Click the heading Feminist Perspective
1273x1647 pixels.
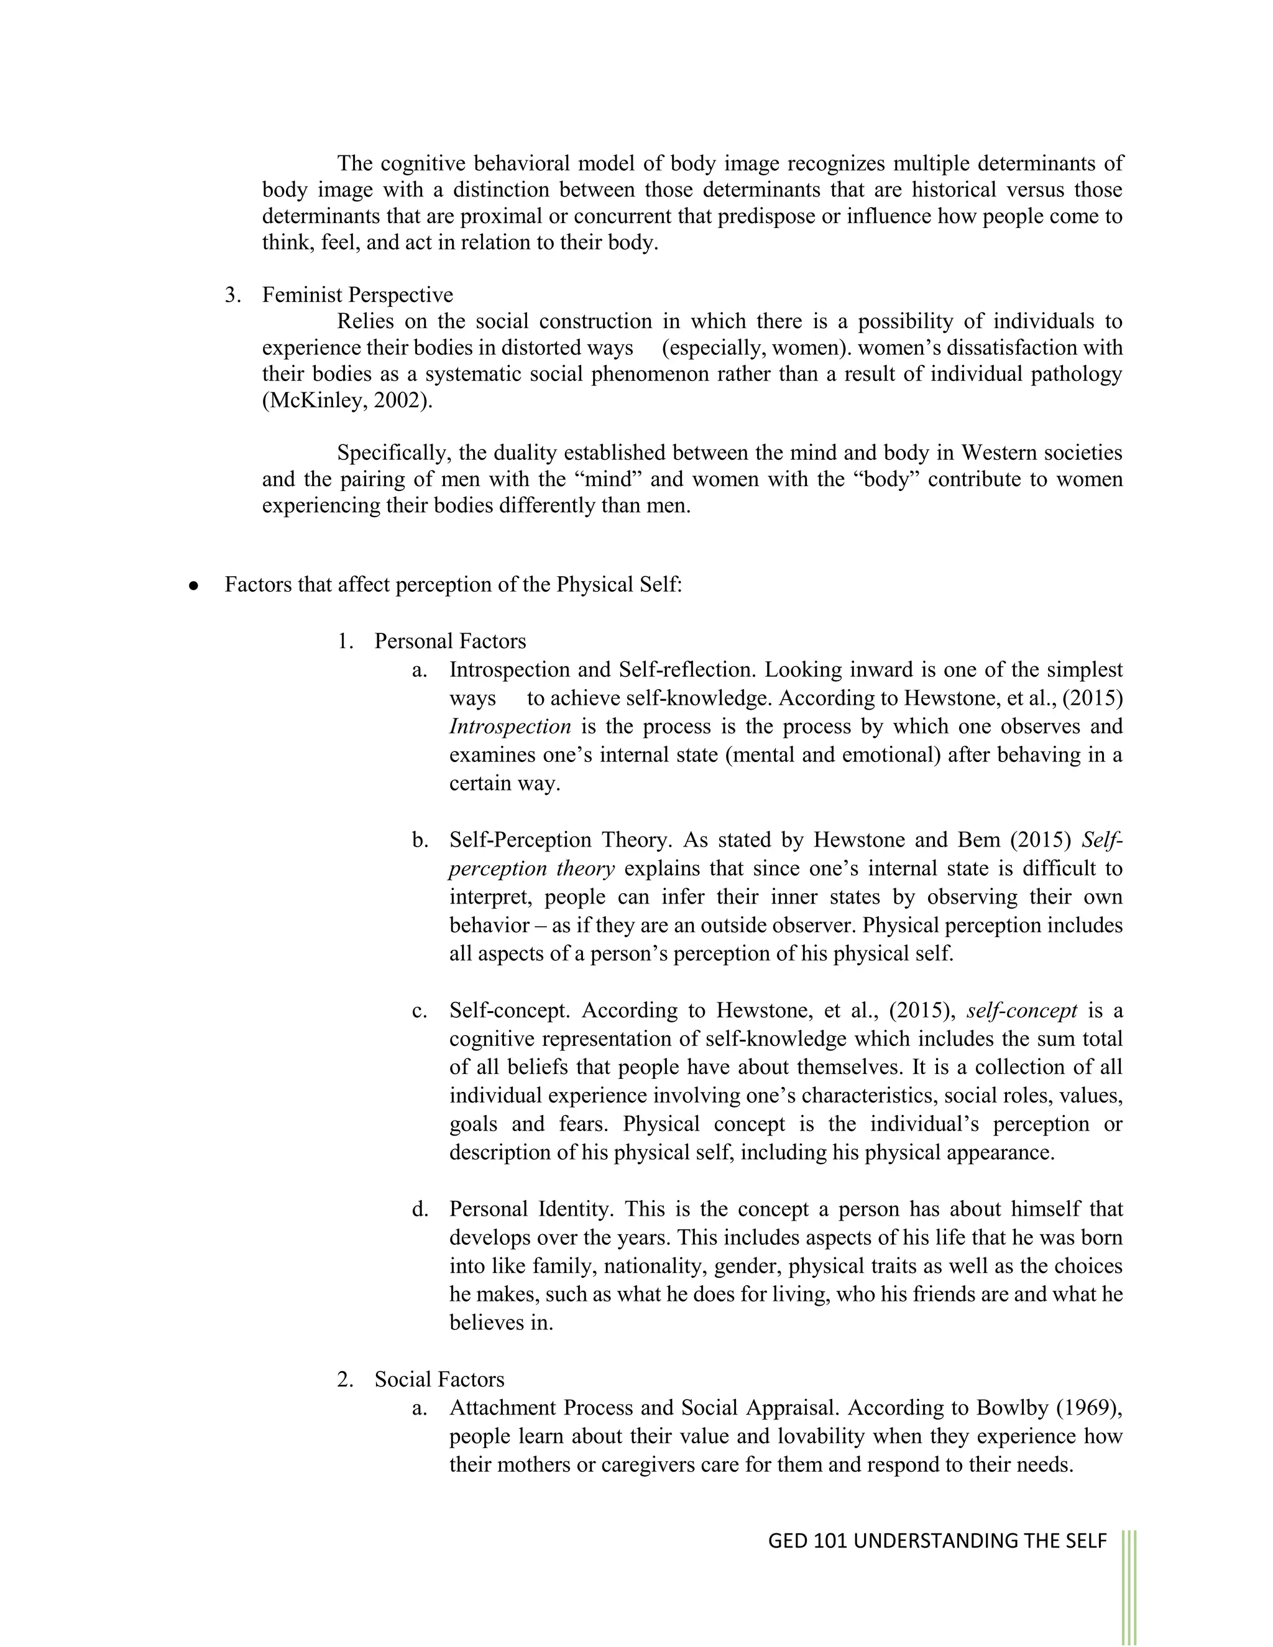click(x=357, y=295)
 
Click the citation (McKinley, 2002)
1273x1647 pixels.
click(x=347, y=400)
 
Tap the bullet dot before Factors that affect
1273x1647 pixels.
click(x=194, y=586)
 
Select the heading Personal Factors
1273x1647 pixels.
click(x=450, y=642)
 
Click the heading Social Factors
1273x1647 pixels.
click(x=439, y=1380)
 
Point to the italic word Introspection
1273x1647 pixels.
click(x=510, y=727)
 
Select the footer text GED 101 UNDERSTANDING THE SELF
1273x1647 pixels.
click(x=937, y=1541)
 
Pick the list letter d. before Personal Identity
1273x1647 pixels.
click(x=420, y=1209)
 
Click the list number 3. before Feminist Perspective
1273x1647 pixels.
click(x=233, y=295)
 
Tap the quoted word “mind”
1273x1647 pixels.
click(x=607, y=480)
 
